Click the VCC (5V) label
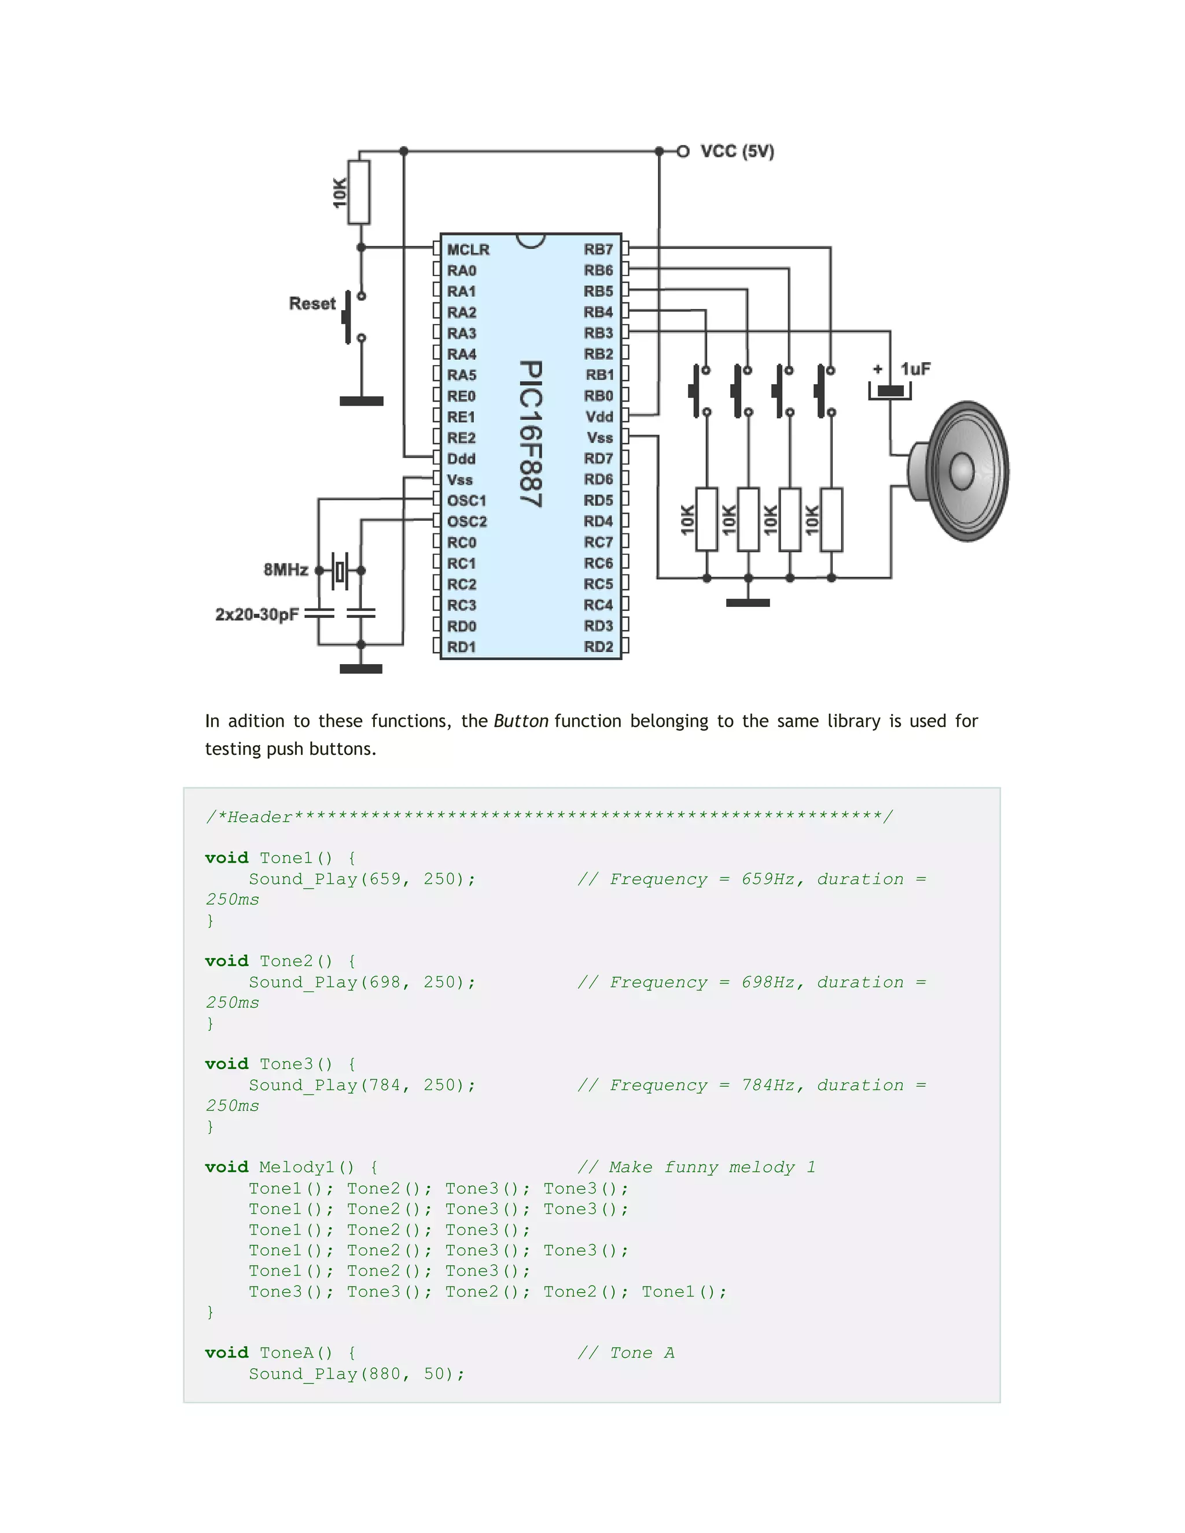pyautogui.click(x=737, y=152)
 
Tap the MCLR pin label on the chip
pyautogui.click(x=468, y=250)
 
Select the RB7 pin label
pyautogui.click(x=598, y=249)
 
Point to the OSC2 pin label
pyautogui.click(x=467, y=522)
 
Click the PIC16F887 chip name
pyautogui.click(x=531, y=434)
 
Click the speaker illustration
pyautogui.click(x=960, y=471)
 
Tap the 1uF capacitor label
pyautogui.click(x=915, y=369)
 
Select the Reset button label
pyautogui.click(x=312, y=304)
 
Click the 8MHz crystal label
pyautogui.click(x=286, y=569)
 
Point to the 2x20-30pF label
pyautogui.click(x=257, y=615)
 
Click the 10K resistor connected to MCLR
pyautogui.click(x=359, y=192)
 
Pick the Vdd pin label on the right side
pyautogui.click(x=599, y=417)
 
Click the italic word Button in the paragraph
pyautogui.click(x=521, y=721)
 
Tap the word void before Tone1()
pyautogui.click(x=227, y=858)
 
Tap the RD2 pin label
pyautogui.click(x=598, y=647)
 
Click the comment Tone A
pyautogui.click(x=625, y=1353)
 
